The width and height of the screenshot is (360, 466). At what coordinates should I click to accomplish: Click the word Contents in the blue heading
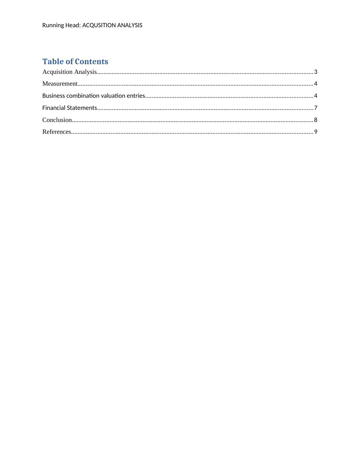click(x=91, y=61)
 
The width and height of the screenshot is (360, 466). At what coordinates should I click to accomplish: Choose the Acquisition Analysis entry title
click(x=70, y=72)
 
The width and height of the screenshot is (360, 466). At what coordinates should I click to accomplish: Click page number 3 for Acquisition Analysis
click(x=316, y=72)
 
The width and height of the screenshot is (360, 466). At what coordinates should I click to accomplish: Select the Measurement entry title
click(x=60, y=84)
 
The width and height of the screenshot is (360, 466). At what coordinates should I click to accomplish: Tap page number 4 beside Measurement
click(x=316, y=84)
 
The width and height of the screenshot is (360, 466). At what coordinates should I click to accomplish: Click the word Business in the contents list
click(x=54, y=96)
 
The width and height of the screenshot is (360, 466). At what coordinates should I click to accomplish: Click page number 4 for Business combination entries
click(x=316, y=96)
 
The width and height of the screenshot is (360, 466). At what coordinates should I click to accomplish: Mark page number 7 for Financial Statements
click(x=316, y=108)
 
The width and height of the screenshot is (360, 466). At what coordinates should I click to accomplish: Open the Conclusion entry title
click(x=57, y=120)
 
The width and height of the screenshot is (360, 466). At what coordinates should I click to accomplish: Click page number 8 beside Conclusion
click(x=316, y=120)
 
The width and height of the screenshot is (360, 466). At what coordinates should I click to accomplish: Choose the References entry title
click(x=57, y=132)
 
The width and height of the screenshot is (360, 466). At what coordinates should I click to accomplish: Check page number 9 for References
click(x=316, y=132)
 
